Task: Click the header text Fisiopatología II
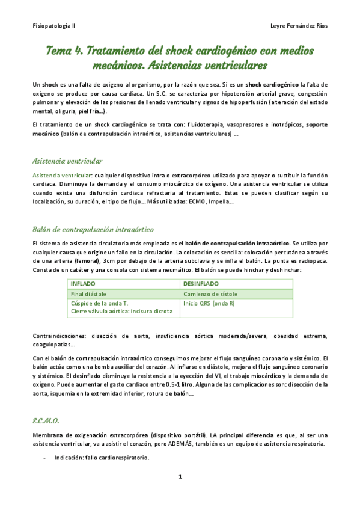click(53, 26)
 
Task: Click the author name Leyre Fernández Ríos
click(299, 26)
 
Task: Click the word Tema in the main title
click(60, 51)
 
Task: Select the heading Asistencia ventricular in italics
click(67, 161)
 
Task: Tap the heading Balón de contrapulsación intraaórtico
click(94, 230)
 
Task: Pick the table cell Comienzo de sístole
click(210, 294)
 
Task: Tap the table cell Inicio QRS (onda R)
click(209, 303)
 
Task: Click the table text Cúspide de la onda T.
click(100, 303)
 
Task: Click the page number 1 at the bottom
click(180, 477)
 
